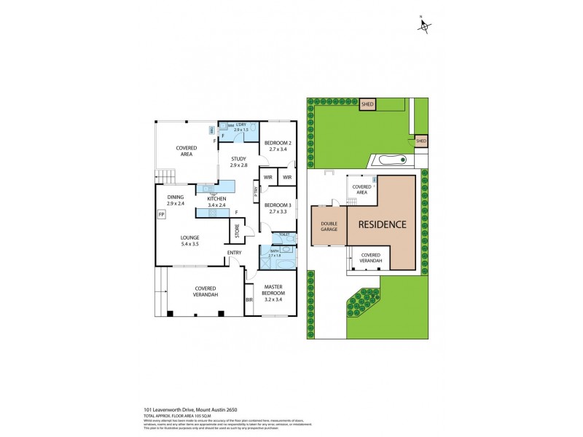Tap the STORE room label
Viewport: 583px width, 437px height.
(x=237, y=230)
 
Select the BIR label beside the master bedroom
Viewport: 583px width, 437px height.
(x=249, y=299)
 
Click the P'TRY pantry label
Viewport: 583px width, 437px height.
(x=256, y=192)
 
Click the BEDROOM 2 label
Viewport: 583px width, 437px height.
(x=278, y=142)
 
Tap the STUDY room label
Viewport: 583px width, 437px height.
(x=238, y=158)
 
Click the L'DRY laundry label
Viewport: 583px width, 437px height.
(x=240, y=124)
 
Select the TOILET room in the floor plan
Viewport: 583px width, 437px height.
(x=283, y=235)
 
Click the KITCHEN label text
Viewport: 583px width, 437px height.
(x=217, y=198)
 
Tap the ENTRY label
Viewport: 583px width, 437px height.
(x=234, y=253)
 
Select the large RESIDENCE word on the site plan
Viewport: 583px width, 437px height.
(x=381, y=224)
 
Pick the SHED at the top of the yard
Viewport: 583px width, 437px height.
(x=367, y=105)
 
